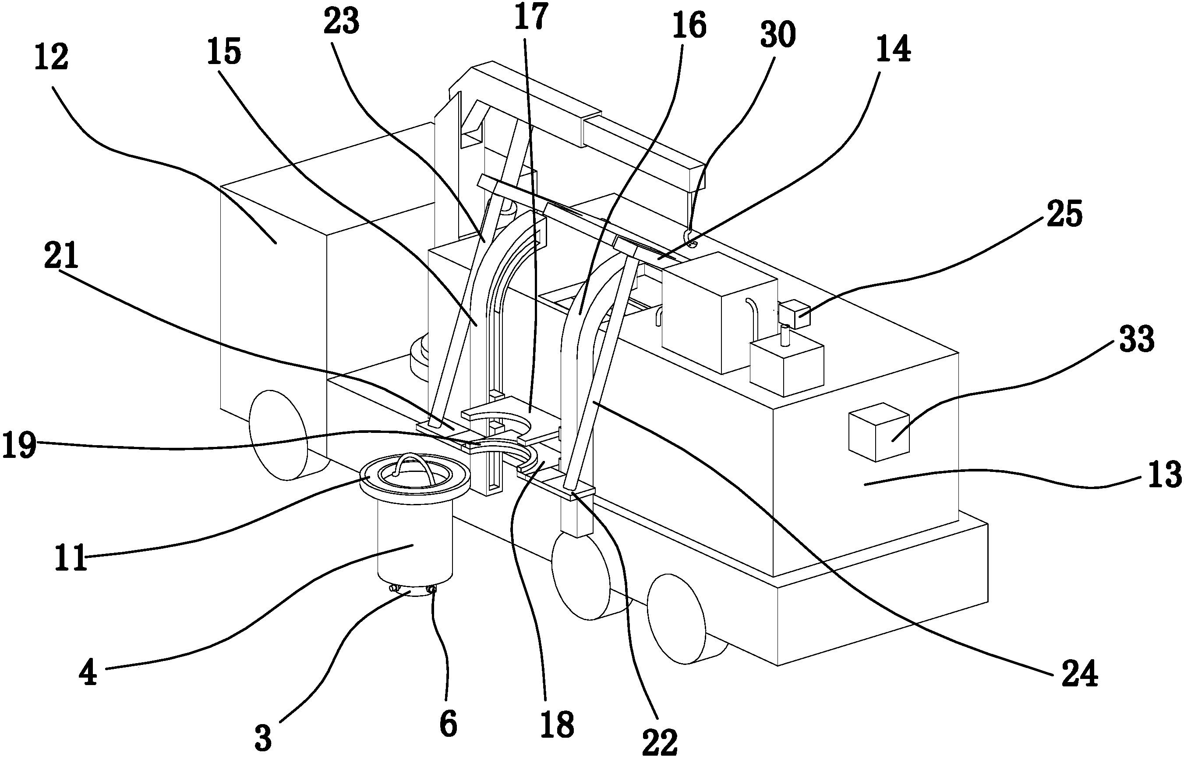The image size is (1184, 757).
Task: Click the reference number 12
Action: pos(51,57)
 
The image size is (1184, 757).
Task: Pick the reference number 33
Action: pos(1136,339)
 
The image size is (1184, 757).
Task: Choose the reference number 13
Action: pos(1164,475)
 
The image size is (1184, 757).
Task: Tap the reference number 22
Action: pos(660,742)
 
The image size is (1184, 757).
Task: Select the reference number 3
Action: pos(264,738)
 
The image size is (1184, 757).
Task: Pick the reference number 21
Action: pos(61,256)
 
